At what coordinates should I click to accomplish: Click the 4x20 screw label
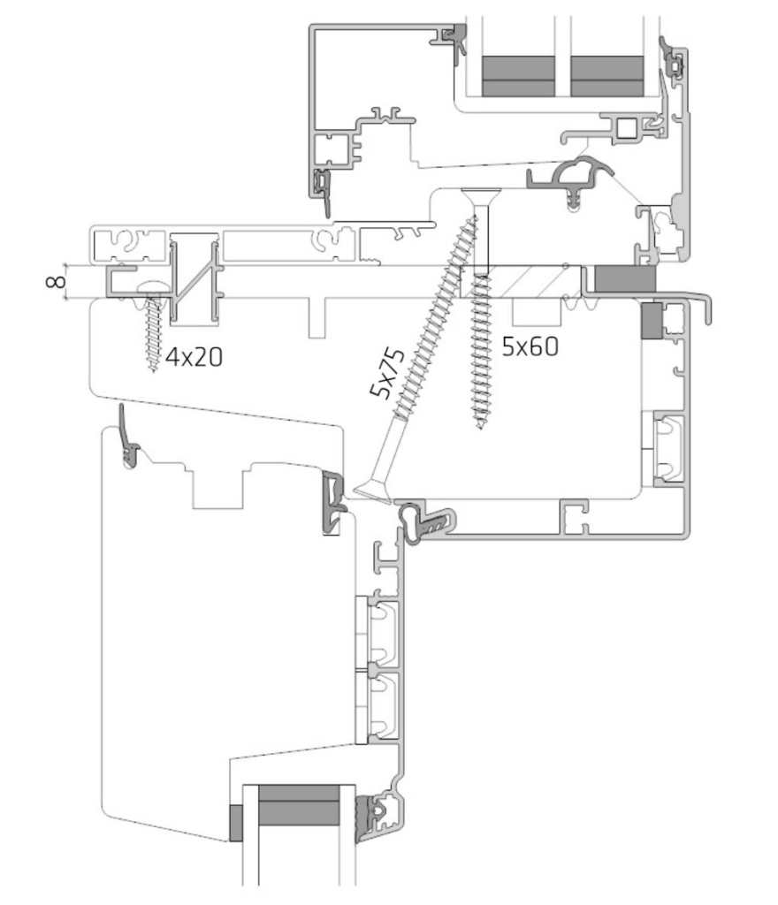point(194,358)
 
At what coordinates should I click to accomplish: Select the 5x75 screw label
point(387,374)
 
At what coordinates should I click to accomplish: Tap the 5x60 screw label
point(530,346)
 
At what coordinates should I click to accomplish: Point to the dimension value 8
point(56,282)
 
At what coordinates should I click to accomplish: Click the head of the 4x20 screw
point(152,287)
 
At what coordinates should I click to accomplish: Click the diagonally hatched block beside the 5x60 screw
point(521,282)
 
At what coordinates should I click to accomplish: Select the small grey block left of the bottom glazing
point(235,823)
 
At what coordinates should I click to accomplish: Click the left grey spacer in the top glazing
point(518,76)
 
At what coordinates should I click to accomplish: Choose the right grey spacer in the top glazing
point(607,76)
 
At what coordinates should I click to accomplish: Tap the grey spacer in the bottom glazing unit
point(299,804)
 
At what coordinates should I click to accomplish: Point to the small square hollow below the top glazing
point(626,129)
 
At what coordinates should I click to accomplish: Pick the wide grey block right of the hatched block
point(625,278)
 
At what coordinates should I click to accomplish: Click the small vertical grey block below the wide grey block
point(652,320)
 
